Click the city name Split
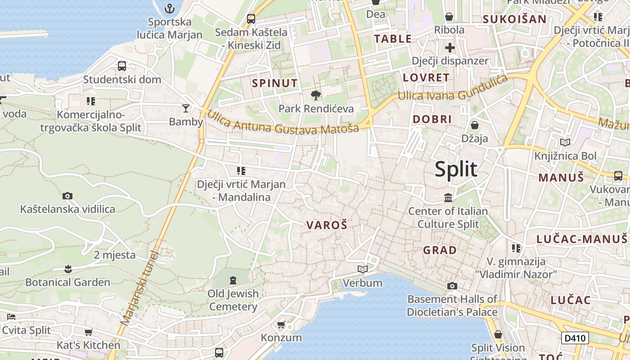[x=456, y=170]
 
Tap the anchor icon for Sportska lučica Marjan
[x=170, y=8]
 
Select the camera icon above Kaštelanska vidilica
[x=67, y=196]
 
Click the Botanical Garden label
[x=67, y=283]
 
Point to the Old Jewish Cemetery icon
[x=233, y=280]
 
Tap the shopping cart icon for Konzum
[x=281, y=324]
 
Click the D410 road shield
[x=575, y=338]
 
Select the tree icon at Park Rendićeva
[x=316, y=95]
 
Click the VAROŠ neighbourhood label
[x=327, y=225]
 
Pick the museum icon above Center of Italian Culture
[x=448, y=198]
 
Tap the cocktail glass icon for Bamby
[x=186, y=108]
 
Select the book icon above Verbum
[x=362, y=269]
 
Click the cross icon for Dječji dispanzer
[x=450, y=47]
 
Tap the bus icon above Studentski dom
[x=122, y=66]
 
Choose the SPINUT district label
[x=274, y=83]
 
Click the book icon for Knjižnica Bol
[x=565, y=142]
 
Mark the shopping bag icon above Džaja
[x=474, y=125]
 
